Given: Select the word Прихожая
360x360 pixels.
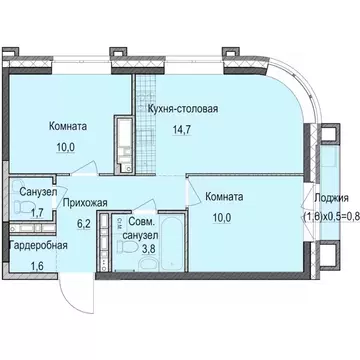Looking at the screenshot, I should [x=84, y=199].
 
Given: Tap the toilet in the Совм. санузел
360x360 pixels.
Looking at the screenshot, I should [x=129, y=248].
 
